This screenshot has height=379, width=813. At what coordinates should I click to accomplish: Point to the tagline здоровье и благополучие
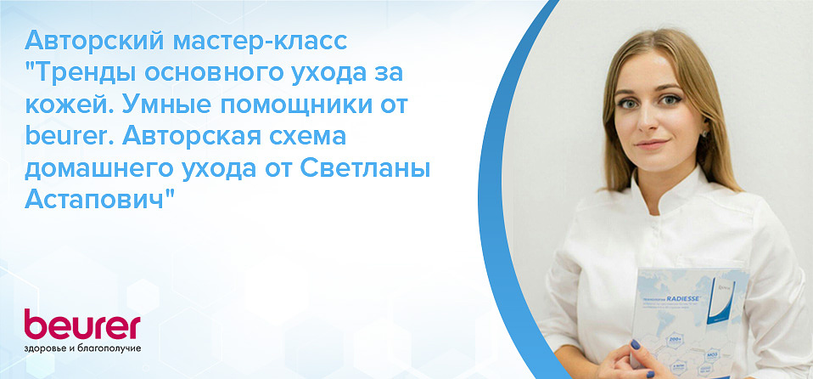[81, 349]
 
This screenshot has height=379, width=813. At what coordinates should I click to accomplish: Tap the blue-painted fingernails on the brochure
[633, 345]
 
